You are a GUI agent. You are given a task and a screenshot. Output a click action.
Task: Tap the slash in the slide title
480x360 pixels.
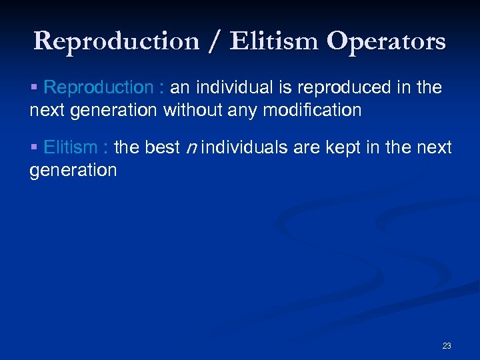pyautogui.click(x=213, y=41)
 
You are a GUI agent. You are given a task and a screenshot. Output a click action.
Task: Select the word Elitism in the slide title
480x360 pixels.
pyautogui.click(x=275, y=41)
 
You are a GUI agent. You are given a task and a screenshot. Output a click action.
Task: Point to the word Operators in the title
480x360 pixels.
pyautogui.click(x=387, y=41)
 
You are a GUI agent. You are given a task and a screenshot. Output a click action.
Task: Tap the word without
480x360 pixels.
pyautogui.click(x=193, y=110)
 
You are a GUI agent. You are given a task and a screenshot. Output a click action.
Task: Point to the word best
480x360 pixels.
pyautogui.click(x=163, y=147)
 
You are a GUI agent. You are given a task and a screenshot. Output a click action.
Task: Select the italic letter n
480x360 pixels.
pyautogui.click(x=190, y=148)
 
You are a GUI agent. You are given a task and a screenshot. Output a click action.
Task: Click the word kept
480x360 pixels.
pyautogui.click(x=339, y=147)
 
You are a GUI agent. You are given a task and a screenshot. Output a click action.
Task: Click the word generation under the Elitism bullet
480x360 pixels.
pyautogui.click(x=73, y=170)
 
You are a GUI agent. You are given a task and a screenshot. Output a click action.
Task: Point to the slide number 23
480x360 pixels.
pyautogui.click(x=446, y=345)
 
